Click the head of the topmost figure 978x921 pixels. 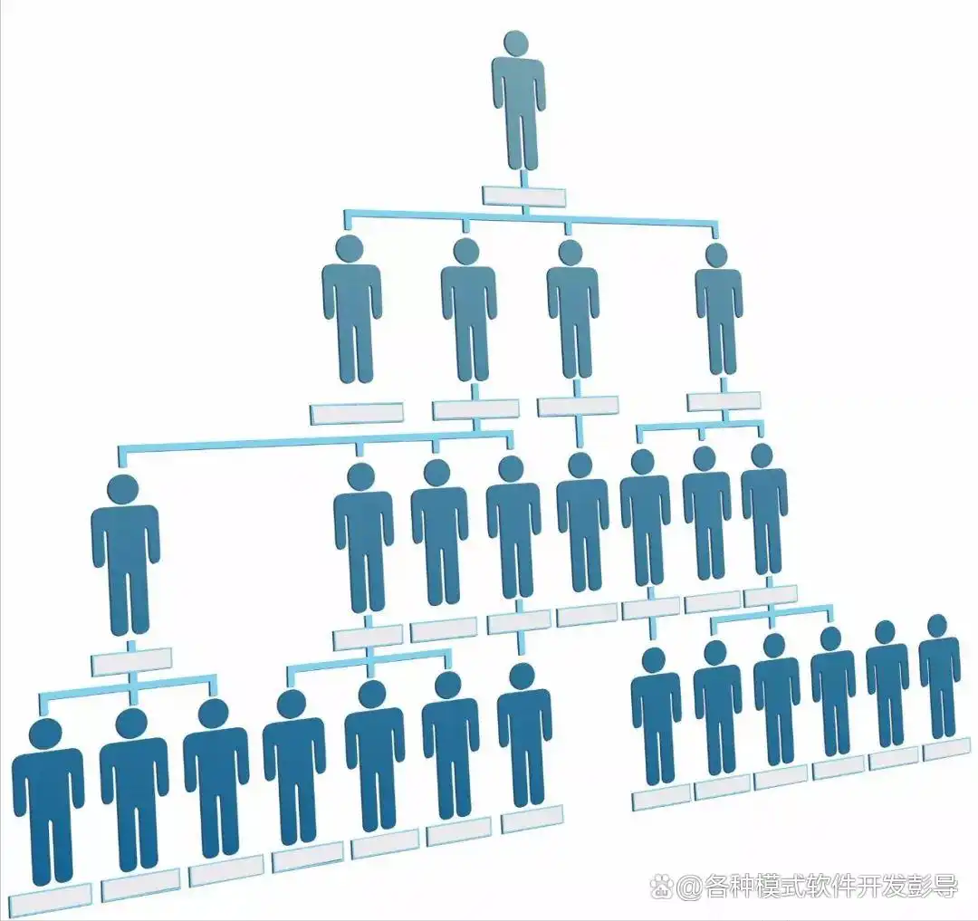tap(516, 43)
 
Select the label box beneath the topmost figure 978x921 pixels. tap(524, 197)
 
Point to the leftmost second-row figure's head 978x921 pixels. tap(350, 247)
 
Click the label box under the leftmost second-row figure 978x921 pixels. tap(357, 414)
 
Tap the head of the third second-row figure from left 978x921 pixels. tap(570, 254)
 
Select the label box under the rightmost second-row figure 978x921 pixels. tap(724, 401)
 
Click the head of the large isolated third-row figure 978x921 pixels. tap(123, 489)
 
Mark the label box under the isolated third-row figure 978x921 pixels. tap(131, 662)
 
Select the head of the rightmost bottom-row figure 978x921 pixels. tap(937, 626)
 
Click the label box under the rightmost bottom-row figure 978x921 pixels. tap(947, 748)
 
